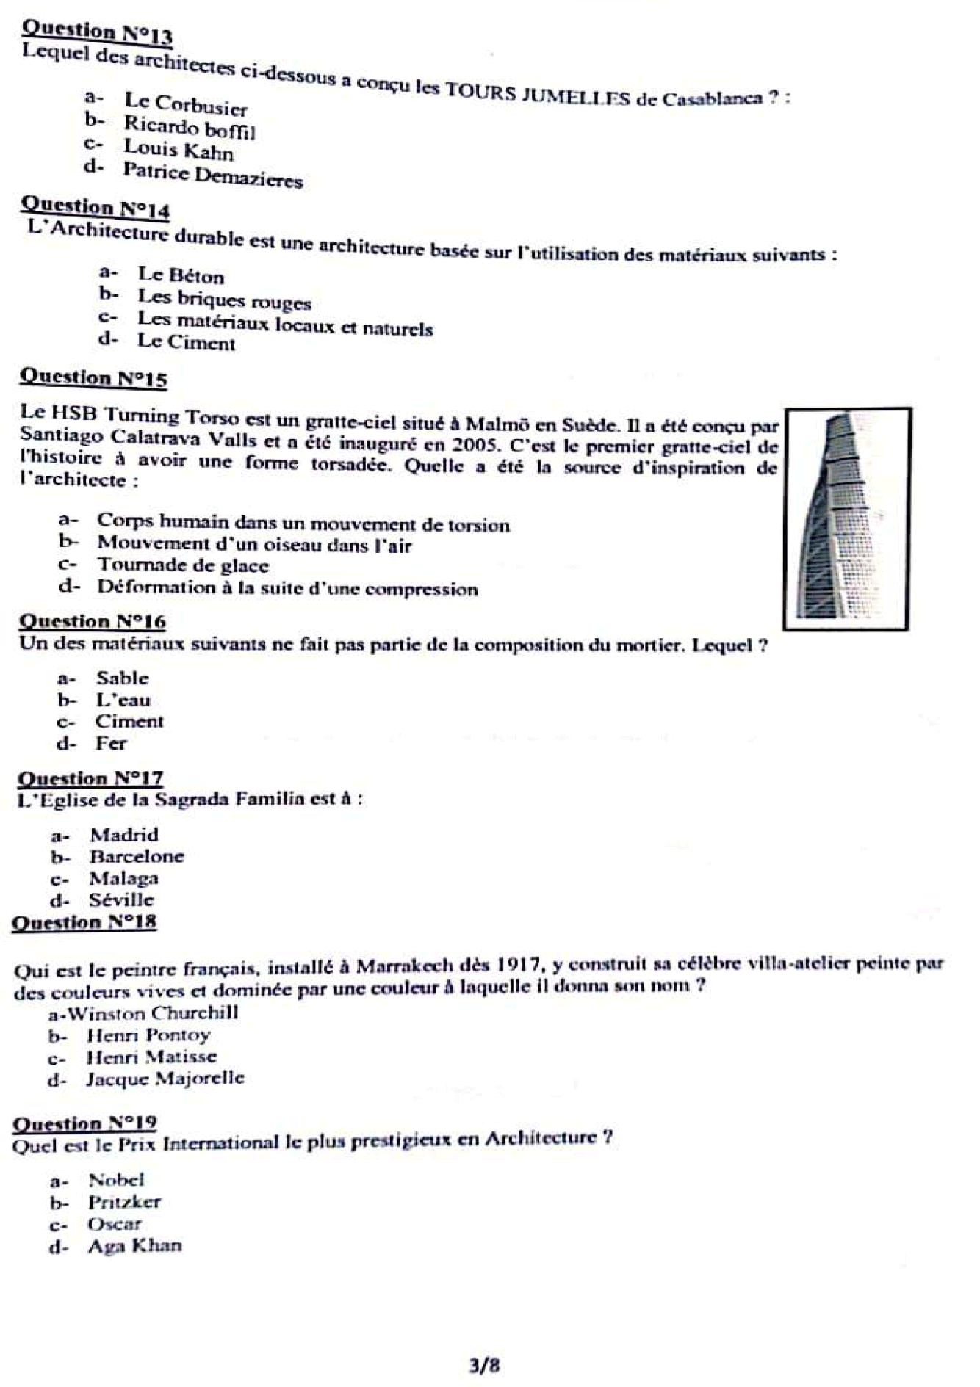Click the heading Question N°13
(97, 32)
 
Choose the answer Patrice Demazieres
(212, 175)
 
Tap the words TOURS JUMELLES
(537, 93)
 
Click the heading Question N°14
(96, 207)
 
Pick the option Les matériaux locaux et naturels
(285, 324)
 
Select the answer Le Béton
(181, 275)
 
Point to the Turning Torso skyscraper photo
(847, 518)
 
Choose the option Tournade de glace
(183, 565)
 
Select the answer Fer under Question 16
(111, 743)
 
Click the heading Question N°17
(90, 778)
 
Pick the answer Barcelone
(137, 856)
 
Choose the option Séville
(121, 899)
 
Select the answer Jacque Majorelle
(165, 1079)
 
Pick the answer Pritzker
(124, 1202)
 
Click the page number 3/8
(485, 1366)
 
